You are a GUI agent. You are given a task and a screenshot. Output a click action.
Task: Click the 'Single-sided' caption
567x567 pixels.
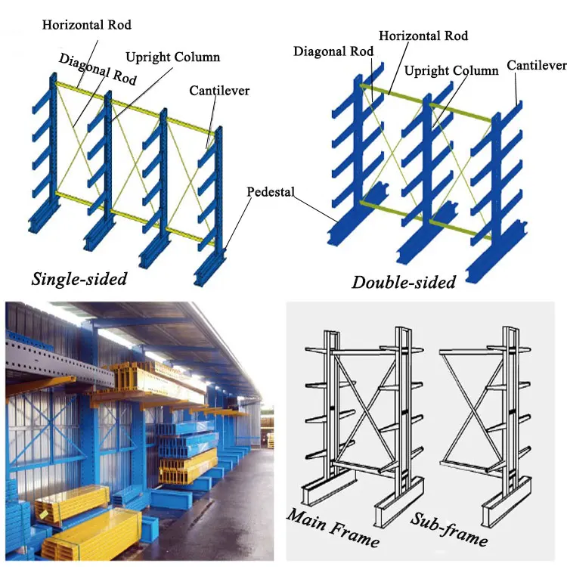79,278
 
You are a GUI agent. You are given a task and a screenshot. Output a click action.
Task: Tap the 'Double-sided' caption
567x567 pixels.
404,283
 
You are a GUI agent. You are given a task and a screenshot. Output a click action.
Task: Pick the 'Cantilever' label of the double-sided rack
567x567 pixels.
536,66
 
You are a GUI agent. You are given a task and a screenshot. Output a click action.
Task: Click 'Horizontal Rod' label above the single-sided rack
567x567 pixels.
87,25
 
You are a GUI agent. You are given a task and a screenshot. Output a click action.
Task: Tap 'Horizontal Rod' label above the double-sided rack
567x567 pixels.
423,36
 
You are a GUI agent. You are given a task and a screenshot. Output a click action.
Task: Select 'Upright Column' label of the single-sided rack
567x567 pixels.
172,57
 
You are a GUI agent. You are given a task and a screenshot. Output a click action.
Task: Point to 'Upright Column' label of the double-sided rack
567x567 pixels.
451,70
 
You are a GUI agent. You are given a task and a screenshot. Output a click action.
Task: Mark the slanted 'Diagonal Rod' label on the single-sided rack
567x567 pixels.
93,67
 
